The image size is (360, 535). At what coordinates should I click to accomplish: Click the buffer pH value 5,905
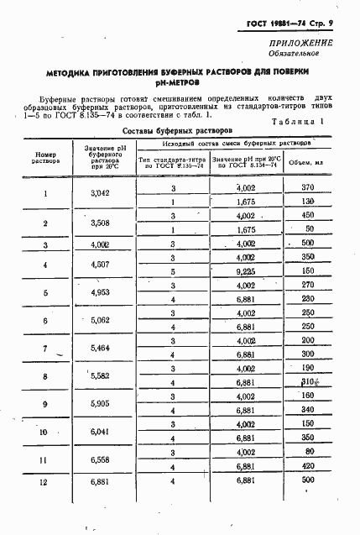coord(100,403)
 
